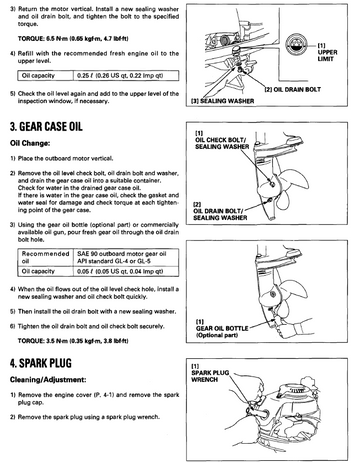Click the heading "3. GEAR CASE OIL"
click(46, 127)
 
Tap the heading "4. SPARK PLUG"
click(41, 363)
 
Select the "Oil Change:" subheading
click(30, 143)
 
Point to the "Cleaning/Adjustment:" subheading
click(48, 380)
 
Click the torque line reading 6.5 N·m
click(73, 39)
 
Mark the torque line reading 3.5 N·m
click(73, 341)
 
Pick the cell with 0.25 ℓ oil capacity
click(126, 76)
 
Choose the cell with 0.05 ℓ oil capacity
click(126, 271)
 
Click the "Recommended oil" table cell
click(45, 257)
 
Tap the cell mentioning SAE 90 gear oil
click(126, 257)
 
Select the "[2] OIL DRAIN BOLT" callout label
click(292, 89)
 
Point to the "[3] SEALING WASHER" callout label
click(222, 101)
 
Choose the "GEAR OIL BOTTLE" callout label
click(222, 328)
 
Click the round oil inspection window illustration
click(297, 45)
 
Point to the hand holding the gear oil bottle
click(289, 328)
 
